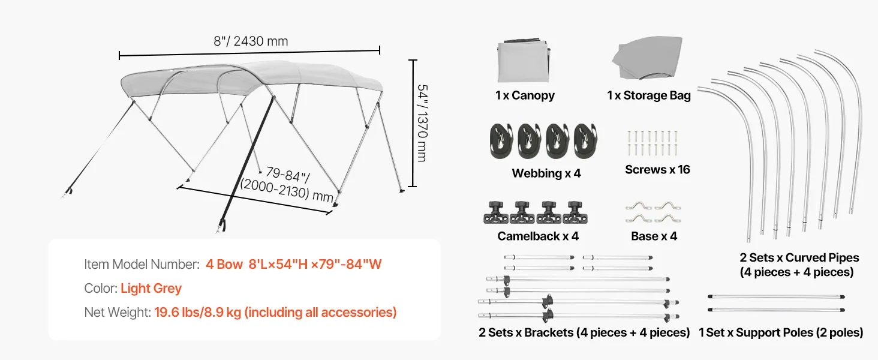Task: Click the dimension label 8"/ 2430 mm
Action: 251,41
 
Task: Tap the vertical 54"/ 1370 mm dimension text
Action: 422,122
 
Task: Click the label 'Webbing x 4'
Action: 546,173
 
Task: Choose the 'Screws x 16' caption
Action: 657,170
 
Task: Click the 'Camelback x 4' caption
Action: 538,236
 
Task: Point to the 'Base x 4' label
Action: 654,236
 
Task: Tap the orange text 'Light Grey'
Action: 151,289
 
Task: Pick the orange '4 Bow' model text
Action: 224,265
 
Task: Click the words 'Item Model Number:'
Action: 142,265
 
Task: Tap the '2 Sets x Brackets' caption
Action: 584,332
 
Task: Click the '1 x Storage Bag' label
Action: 648,95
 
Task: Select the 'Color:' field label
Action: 101,289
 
